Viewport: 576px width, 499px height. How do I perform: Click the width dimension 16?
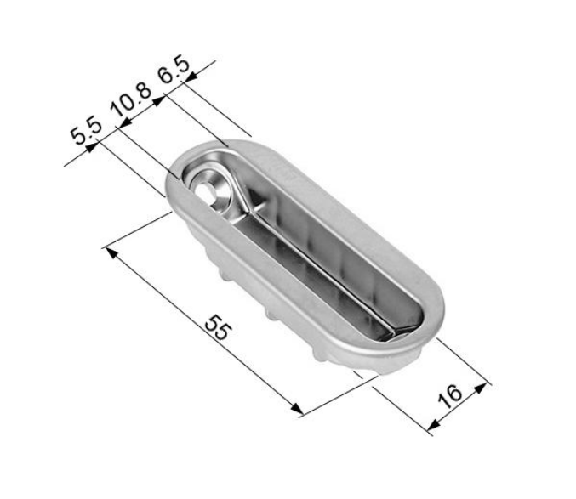[x=452, y=394]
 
